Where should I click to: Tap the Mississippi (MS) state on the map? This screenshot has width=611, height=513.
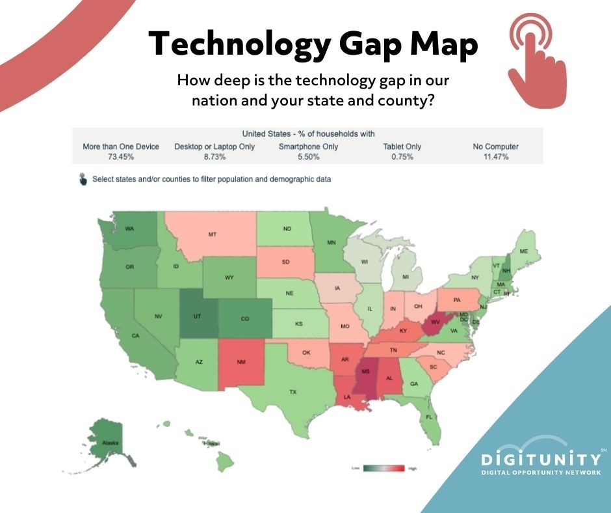365,372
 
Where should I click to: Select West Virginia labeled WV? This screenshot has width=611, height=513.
435,322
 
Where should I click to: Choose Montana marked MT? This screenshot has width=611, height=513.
212,234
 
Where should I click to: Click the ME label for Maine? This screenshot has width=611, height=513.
524,251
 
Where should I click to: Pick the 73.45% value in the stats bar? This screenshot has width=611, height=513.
121,157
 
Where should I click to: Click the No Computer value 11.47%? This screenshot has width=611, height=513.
495,157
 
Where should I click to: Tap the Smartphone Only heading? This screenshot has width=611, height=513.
308,146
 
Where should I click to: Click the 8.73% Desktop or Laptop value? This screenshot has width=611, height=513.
214,157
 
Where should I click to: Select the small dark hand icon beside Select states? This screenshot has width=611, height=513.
83,179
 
